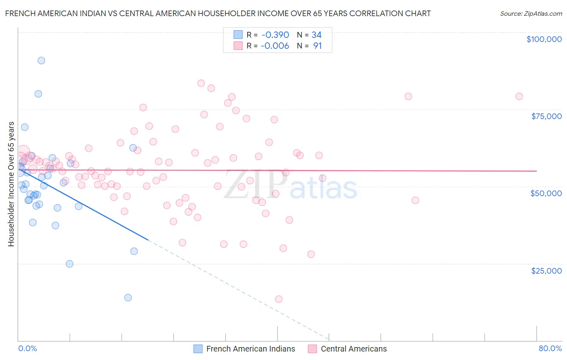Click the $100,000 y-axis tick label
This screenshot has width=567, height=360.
pyautogui.click(x=544, y=39)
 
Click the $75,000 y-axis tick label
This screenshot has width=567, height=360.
pyautogui.click(x=546, y=116)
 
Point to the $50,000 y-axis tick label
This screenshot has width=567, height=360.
pyautogui.click(x=546, y=193)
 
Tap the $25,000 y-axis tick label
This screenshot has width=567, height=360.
pyautogui.click(x=546, y=270)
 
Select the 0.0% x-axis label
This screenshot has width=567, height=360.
pyautogui.click(x=27, y=348)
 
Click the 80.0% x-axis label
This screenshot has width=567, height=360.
pyautogui.click(x=550, y=348)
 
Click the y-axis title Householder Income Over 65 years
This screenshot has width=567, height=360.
pyautogui.click(x=11, y=184)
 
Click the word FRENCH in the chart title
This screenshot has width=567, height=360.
pyautogui.click(x=20, y=13)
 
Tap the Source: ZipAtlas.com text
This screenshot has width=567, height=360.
pyautogui.click(x=531, y=13)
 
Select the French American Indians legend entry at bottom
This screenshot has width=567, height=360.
pyautogui.click(x=250, y=349)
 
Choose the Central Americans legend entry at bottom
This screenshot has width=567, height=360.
pyautogui.click(x=353, y=349)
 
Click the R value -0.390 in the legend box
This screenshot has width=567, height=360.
pyautogui.click(x=275, y=35)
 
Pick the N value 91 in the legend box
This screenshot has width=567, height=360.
pyautogui.click(x=317, y=46)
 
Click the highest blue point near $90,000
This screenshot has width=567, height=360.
pyautogui.click(x=41, y=61)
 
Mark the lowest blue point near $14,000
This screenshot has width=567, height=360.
pyautogui.click(x=128, y=297)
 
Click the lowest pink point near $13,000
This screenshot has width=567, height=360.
pyautogui.click(x=279, y=299)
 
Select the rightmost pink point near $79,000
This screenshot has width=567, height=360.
pyautogui.click(x=519, y=96)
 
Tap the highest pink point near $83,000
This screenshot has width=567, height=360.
pyautogui.click(x=201, y=83)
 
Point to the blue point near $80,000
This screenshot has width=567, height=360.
pyautogui.click(x=38, y=94)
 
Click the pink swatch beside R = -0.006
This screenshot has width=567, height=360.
pyautogui.click(x=238, y=46)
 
